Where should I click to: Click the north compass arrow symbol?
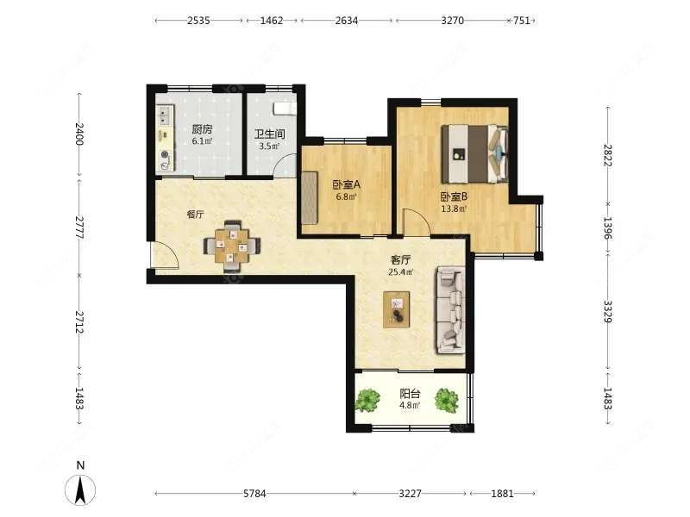pos(80,489)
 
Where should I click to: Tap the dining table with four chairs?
pos(232,246)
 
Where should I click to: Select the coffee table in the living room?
pos(397,309)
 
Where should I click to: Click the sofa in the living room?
pos(450,310)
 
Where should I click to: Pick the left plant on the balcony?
pos(367,400)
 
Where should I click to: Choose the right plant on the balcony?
pos(447,400)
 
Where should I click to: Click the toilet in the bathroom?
pos(285,109)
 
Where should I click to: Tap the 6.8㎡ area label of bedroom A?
pos(347,197)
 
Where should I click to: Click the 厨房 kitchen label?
pos(202,129)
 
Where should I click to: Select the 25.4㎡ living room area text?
pos(400,272)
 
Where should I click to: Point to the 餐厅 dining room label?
pos(196,215)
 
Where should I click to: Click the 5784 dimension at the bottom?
pos(254,494)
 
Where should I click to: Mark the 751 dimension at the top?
pos(522,20)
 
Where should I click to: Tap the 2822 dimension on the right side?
pos(608,155)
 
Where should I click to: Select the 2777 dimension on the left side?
pos(79,227)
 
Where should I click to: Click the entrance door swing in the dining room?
pos(165,255)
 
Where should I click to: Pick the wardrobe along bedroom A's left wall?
pos(310,198)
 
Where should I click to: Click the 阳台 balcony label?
pos(410,394)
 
